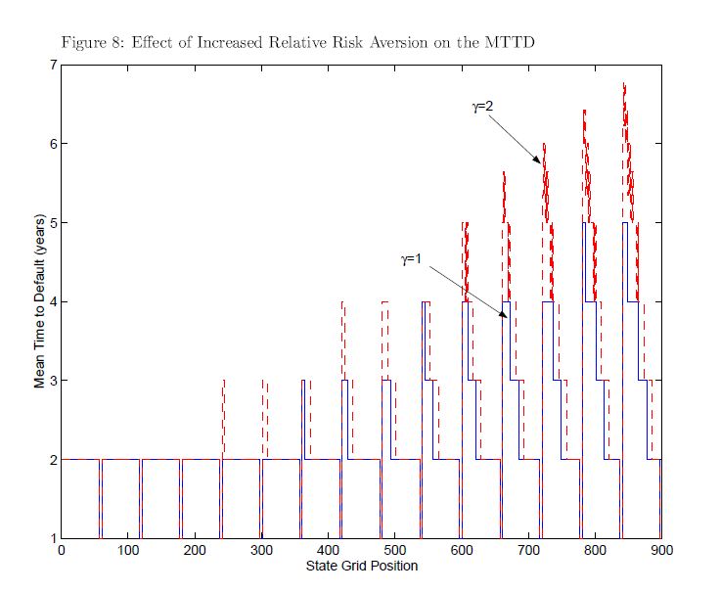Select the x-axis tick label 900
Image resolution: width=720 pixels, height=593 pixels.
(662, 552)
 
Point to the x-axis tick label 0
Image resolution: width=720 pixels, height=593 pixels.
(62, 552)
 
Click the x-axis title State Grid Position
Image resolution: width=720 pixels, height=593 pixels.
(361, 567)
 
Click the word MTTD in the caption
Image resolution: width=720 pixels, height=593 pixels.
(509, 43)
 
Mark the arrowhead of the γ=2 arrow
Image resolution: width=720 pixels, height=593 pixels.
(540, 161)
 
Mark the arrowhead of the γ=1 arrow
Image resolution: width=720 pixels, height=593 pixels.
(505, 317)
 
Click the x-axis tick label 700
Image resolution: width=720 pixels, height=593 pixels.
(529, 552)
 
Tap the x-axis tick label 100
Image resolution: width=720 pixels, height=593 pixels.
(128, 552)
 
